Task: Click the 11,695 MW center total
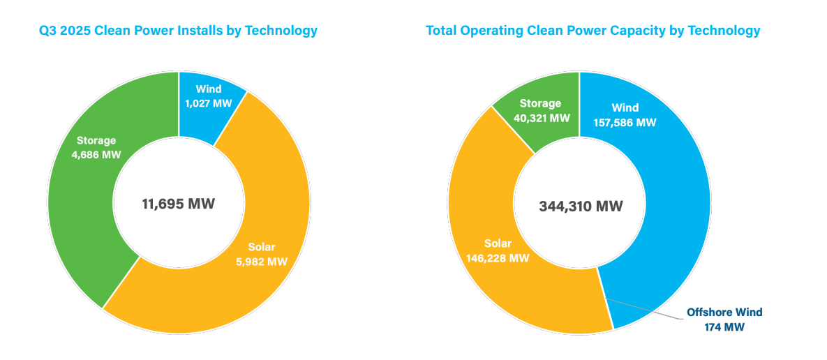coord(179,204)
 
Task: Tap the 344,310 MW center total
coord(581,207)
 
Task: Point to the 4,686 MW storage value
coord(96,154)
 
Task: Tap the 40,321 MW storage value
coord(540,118)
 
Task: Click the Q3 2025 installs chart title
coord(178,31)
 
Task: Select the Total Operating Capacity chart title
coord(593,31)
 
